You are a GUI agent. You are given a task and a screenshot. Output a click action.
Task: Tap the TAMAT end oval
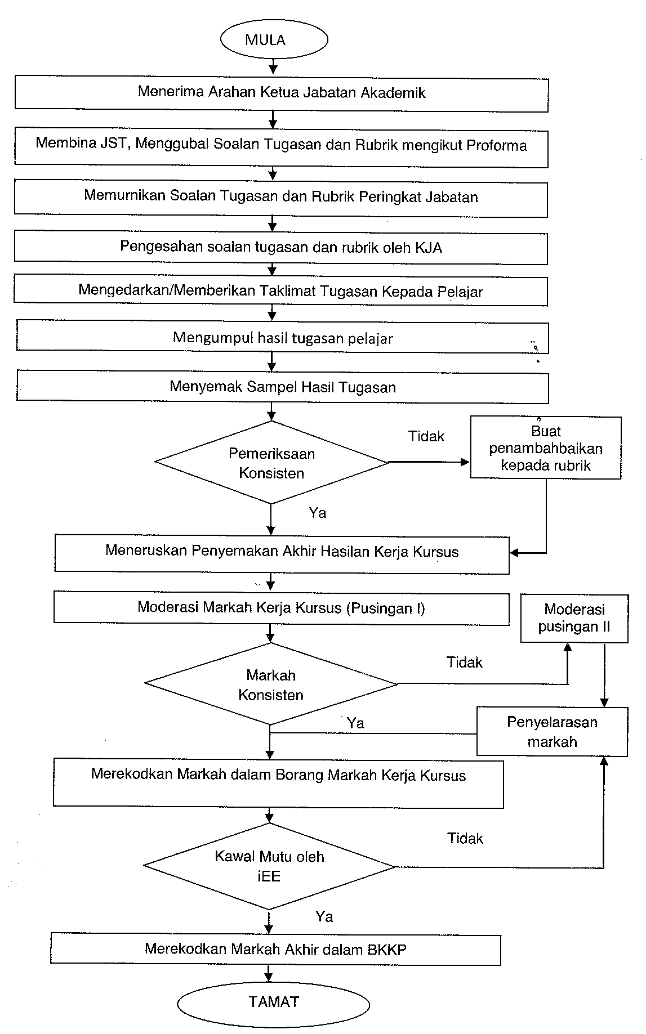(x=273, y=1002)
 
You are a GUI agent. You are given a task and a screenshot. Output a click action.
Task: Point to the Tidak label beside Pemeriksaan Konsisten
(x=426, y=436)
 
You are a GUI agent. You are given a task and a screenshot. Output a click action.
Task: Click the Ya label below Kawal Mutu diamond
(x=324, y=917)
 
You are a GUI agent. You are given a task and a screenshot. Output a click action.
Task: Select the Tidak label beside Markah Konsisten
(x=465, y=663)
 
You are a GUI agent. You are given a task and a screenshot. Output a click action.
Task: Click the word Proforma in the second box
(x=496, y=145)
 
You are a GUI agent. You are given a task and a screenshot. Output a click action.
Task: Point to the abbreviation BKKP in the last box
(x=387, y=949)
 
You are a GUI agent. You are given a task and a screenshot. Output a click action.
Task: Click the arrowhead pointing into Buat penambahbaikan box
(x=465, y=462)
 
